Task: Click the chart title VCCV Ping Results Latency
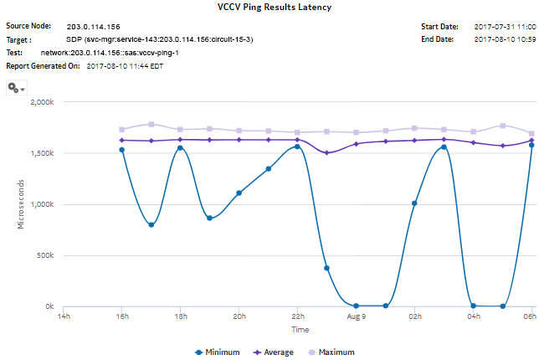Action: [269, 8]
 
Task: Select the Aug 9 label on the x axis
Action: [356, 317]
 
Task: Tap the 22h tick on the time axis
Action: [297, 317]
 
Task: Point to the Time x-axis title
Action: [299, 330]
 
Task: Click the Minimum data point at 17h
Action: [151, 225]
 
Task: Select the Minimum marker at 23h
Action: [326, 269]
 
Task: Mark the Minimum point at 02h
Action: [414, 203]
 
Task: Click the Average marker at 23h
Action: [326, 153]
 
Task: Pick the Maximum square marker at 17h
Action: [151, 125]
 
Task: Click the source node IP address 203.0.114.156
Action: [93, 27]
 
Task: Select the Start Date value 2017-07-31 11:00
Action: [505, 27]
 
